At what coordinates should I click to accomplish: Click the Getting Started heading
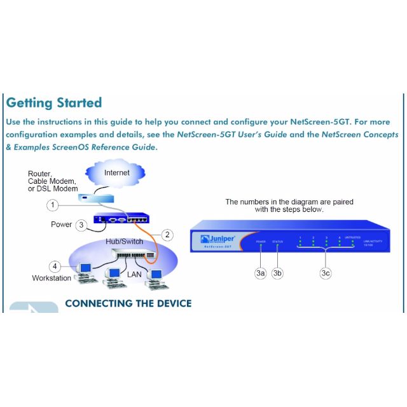(53, 102)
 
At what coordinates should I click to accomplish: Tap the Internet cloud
(116, 172)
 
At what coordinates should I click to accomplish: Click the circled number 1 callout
(54, 205)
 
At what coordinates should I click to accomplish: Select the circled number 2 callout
(167, 235)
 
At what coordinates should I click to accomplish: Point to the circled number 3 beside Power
(81, 224)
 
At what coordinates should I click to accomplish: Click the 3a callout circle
(260, 273)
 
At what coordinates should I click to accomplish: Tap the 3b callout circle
(277, 273)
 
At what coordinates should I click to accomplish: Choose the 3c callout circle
(326, 273)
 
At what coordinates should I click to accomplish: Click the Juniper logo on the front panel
(217, 238)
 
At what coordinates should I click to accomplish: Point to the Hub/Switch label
(125, 242)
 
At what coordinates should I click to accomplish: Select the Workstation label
(52, 279)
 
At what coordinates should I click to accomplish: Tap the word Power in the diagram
(62, 224)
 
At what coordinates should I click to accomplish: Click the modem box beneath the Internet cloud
(93, 198)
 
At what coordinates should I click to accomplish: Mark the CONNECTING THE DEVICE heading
(128, 303)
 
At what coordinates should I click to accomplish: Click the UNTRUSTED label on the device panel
(352, 237)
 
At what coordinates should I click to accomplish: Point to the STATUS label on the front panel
(277, 242)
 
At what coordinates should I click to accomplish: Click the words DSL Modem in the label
(59, 189)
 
